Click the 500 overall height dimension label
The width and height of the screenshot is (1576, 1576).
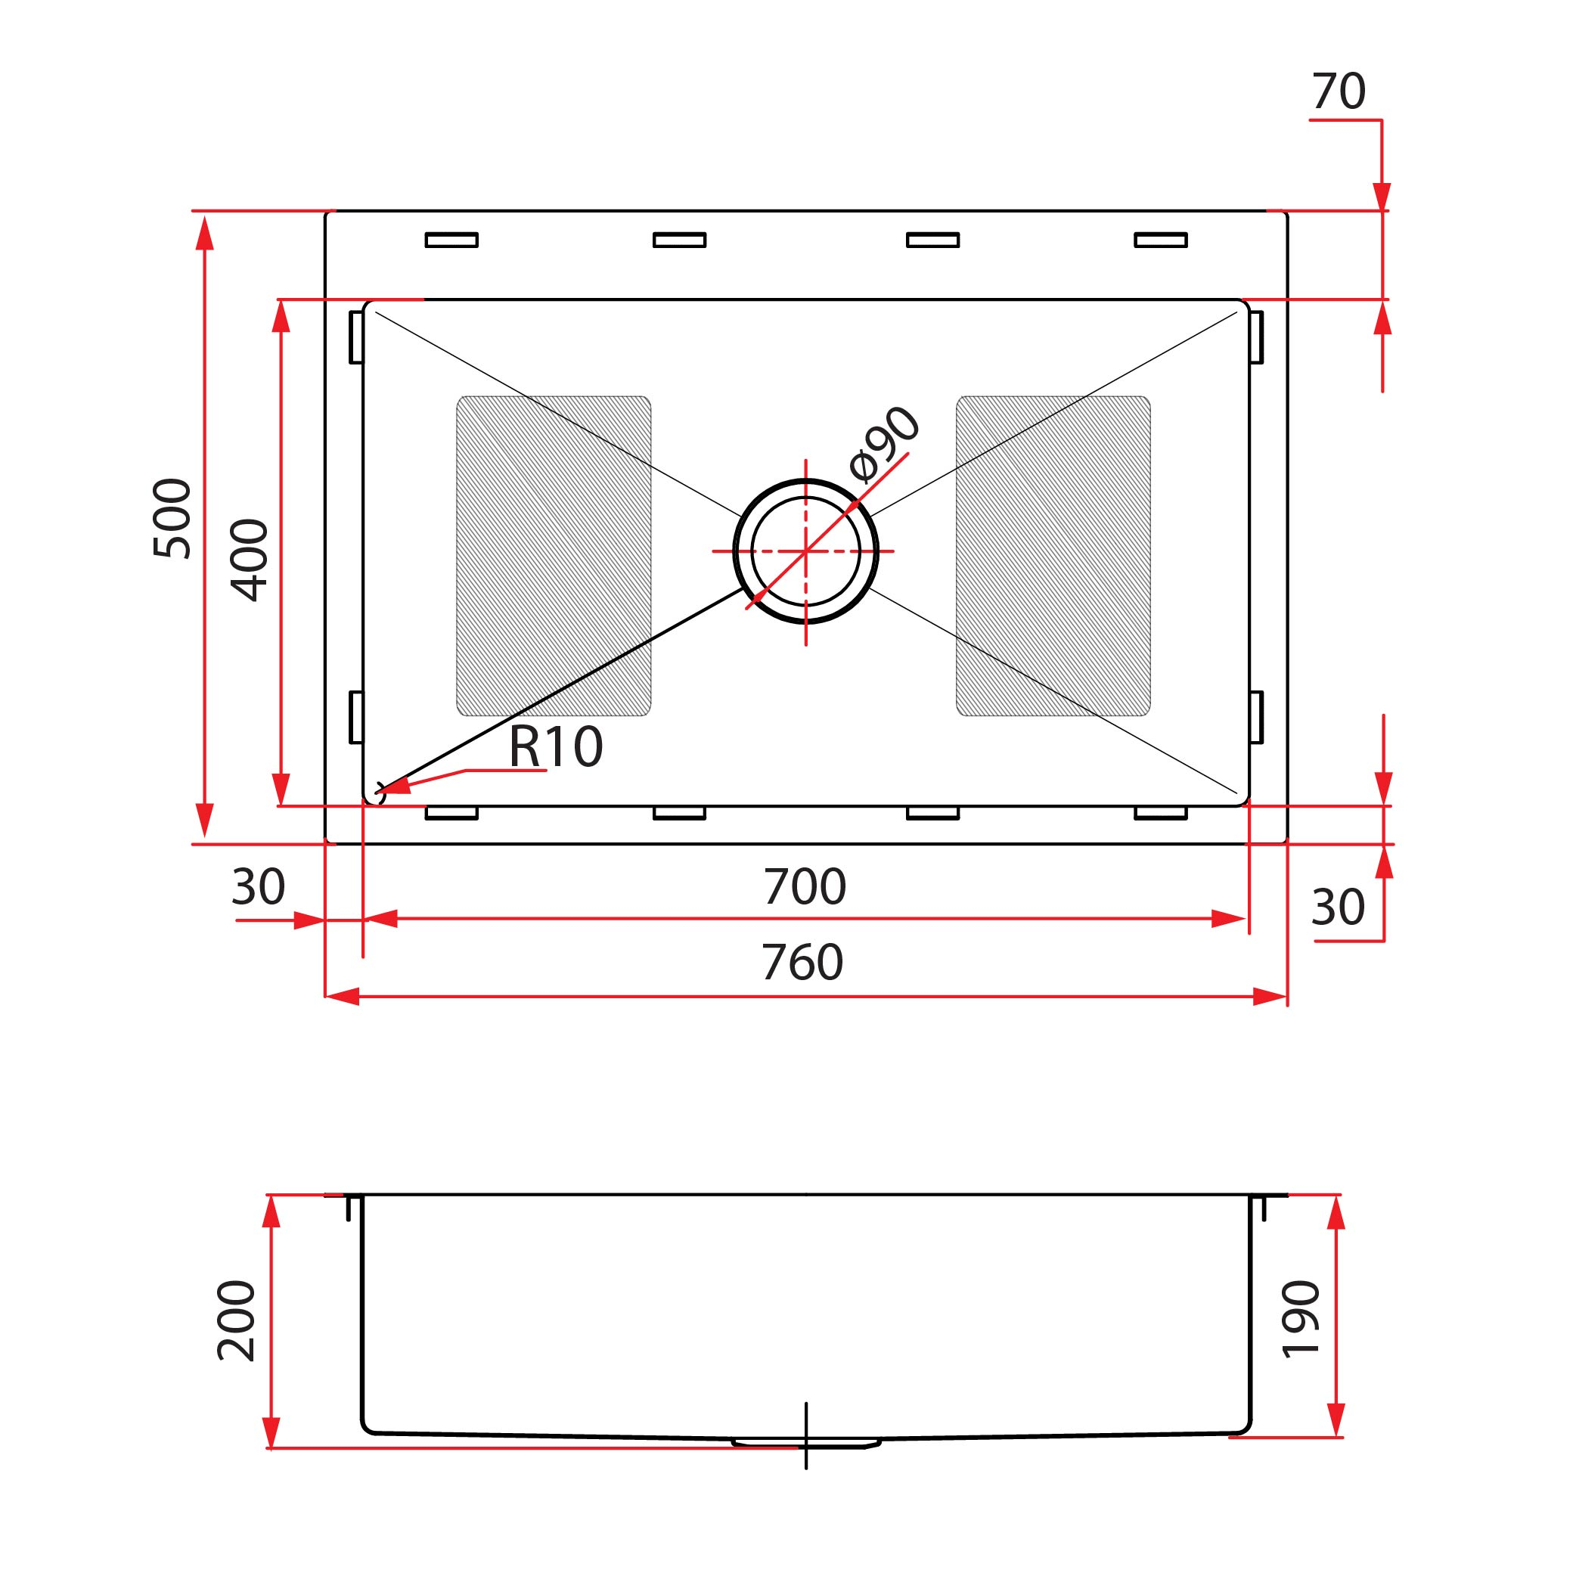(x=172, y=518)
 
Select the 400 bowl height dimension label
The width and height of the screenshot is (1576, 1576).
(x=249, y=560)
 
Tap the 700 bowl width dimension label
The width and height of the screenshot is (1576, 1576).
(x=805, y=887)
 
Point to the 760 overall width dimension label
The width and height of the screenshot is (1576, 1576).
(x=802, y=963)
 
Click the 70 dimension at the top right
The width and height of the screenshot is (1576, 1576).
(x=1338, y=92)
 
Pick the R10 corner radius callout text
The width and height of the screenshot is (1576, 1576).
(x=556, y=746)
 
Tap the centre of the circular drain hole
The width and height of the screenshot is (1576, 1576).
(x=806, y=551)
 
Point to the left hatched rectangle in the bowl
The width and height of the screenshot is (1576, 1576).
(x=553, y=556)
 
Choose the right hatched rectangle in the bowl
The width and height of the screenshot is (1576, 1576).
(x=1053, y=556)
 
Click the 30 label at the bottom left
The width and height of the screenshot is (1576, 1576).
(x=258, y=887)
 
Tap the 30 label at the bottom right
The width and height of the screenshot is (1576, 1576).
(x=1338, y=907)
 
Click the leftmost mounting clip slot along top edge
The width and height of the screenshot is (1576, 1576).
(x=451, y=240)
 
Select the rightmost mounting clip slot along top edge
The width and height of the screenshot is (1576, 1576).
(x=1160, y=240)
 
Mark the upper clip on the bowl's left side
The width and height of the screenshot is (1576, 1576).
(x=356, y=337)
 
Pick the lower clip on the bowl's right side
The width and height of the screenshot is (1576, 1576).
(x=1256, y=717)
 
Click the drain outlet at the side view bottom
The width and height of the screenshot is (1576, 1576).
(x=806, y=1443)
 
